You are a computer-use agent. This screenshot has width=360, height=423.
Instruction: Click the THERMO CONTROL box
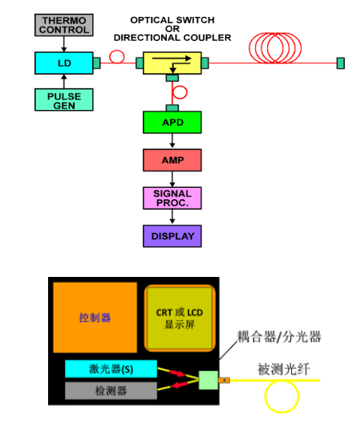click(x=64, y=25)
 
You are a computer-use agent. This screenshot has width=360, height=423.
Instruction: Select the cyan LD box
click(x=64, y=63)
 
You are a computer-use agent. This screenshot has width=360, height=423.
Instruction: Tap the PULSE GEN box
click(x=64, y=100)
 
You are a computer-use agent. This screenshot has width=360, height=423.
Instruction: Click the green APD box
click(x=172, y=122)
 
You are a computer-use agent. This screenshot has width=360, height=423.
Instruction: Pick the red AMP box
click(x=172, y=160)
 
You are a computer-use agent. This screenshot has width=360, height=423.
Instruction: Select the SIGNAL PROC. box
click(x=172, y=198)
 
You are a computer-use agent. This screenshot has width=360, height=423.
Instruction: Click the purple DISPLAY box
click(x=172, y=236)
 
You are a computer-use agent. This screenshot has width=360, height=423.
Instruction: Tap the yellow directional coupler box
click(x=172, y=63)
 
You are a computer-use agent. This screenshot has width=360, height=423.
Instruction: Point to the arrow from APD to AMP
click(x=172, y=140)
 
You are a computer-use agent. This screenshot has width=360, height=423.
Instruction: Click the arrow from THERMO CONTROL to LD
click(x=64, y=44)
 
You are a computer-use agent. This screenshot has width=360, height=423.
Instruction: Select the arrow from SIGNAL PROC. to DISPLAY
click(x=172, y=217)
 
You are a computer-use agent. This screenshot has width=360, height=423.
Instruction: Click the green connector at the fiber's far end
click(x=341, y=63)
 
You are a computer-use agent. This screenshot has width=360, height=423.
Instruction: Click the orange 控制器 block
click(x=95, y=318)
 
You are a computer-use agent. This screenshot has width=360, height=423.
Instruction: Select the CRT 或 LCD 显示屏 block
click(x=180, y=319)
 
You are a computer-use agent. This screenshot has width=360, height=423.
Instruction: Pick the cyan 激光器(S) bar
click(x=111, y=368)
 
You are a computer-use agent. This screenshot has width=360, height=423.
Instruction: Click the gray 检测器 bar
click(x=111, y=390)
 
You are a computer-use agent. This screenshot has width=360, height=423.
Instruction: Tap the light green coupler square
click(x=208, y=380)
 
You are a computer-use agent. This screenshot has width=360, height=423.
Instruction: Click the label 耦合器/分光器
click(x=279, y=337)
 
